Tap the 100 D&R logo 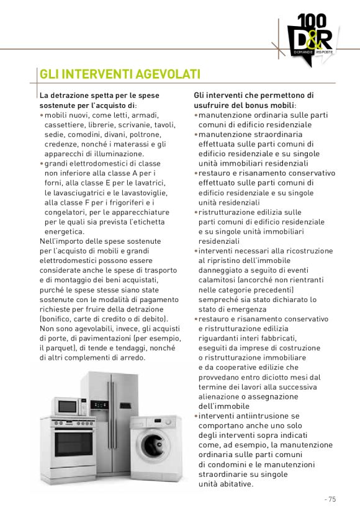[x=309, y=37]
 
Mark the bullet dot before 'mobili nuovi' [x=42, y=115]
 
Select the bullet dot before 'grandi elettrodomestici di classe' [x=42, y=164]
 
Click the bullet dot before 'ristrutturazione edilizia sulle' [x=196, y=212]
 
